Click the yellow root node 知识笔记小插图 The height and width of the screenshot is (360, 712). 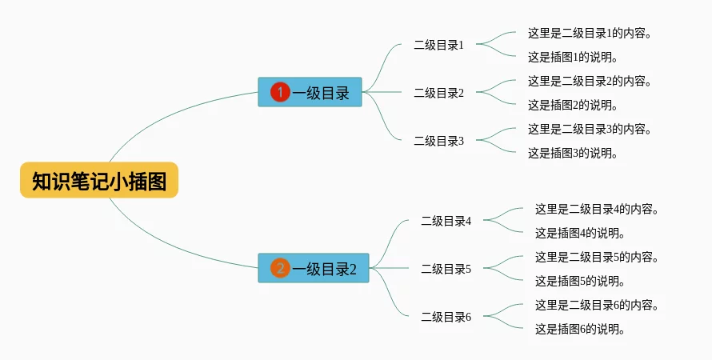99,181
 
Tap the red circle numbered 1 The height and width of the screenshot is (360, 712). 280,92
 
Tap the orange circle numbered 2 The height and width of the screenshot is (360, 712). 280,268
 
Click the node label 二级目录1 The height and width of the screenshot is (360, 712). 438,45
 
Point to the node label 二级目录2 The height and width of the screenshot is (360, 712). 438,93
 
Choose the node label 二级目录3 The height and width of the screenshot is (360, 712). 438,141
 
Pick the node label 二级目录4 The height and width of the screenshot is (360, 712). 446,221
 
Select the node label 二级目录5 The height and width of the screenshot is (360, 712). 446,269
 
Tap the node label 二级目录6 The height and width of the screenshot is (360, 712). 446,317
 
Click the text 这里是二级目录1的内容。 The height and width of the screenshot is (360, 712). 590,33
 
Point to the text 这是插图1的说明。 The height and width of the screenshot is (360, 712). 572,57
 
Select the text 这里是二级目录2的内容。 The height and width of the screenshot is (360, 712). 590,81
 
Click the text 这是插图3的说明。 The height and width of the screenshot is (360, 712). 572,153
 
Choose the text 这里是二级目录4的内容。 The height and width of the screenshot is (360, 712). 598,209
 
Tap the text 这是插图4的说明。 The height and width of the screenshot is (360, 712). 579,233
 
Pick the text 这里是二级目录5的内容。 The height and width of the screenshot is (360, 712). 598,257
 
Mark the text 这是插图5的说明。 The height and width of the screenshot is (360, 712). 579,281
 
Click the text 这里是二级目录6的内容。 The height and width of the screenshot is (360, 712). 598,305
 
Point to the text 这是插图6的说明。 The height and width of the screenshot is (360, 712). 579,329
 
